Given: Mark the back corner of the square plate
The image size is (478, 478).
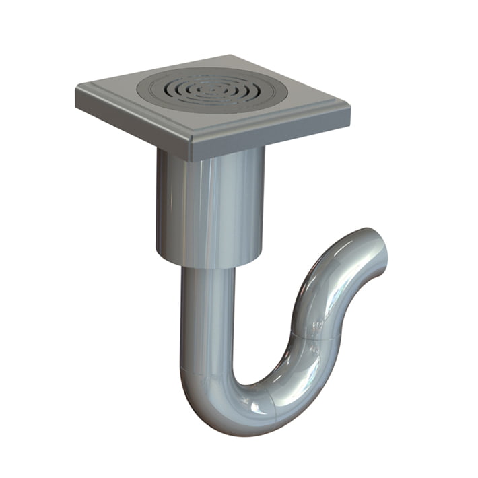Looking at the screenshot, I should tap(233, 56).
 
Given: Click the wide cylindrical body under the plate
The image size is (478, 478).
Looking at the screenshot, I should tap(209, 205).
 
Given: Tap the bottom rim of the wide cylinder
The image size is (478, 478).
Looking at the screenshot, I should tap(209, 264).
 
